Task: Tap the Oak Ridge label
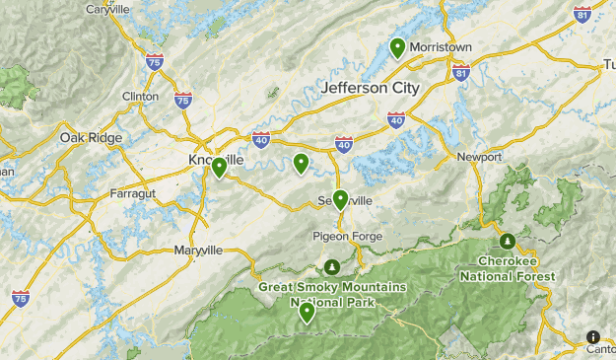pyautogui.click(x=91, y=137)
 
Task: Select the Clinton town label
pyautogui.click(x=140, y=96)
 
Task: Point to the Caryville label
pyautogui.click(x=108, y=9)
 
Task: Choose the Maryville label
pyautogui.click(x=198, y=250)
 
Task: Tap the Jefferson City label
pyautogui.click(x=370, y=88)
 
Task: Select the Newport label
pyautogui.click(x=480, y=157)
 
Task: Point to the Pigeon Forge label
pyautogui.click(x=345, y=236)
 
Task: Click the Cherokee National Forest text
pyautogui.click(x=514, y=268)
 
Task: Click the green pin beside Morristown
pyautogui.click(x=397, y=46)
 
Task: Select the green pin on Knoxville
pyautogui.click(x=219, y=168)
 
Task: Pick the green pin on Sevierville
pyautogui.click(x=340, y=199)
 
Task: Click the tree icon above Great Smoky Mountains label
pyautogui.click(x=333, y=267)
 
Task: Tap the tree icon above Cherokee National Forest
pyautogui.click(x=507, y=241)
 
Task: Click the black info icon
pyautogui.click(x=592, y=336)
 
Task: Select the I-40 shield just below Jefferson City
pyautogui.click(x=396, y=120)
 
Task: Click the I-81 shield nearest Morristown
pyautogui.click(x=460, y=73)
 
